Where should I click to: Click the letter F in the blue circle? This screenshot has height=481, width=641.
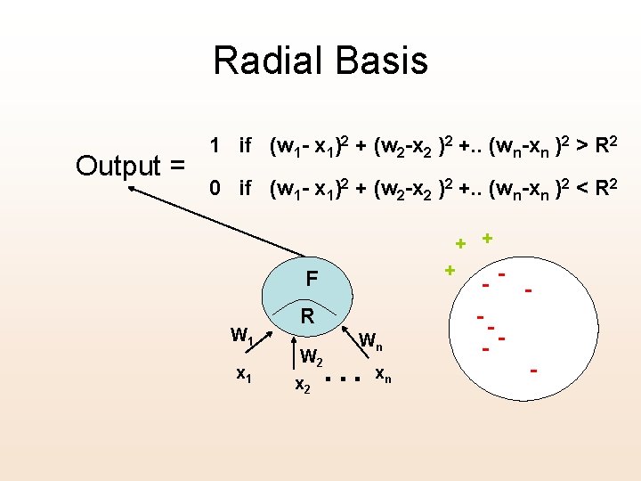click(x=311, y=279)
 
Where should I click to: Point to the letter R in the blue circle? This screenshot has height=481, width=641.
click(x=307, y=315)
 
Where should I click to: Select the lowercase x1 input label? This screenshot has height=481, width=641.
click(x=242, y=375)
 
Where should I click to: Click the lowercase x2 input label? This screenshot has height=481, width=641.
click(x=303, y=385)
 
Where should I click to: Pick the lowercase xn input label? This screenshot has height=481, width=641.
click(x=381, y=372)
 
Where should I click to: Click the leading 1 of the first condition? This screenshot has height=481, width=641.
click(x=214, y=144)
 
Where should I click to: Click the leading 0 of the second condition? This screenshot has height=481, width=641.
click(x=214, y=189)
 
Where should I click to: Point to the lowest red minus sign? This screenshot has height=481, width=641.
click(x=534, y=370)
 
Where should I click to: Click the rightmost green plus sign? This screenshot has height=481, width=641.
click(x=487, y=238)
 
